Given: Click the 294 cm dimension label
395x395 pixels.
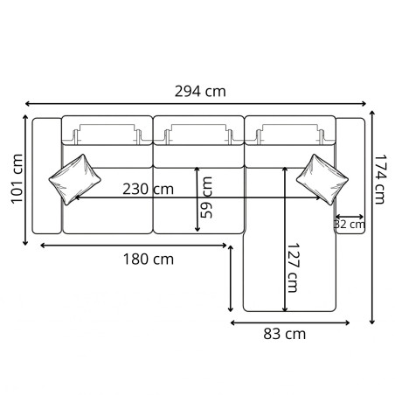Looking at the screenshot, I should pos(200,90).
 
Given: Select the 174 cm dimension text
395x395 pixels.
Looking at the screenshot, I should pos(379,181).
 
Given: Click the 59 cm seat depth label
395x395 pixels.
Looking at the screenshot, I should pos(207,197).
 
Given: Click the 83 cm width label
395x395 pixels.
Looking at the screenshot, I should pos(283,333).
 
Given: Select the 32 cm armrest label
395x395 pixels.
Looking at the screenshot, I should pos(350,225).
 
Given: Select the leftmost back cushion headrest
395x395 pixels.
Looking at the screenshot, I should pos(107,135).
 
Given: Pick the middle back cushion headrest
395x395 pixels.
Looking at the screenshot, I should pos(198,135).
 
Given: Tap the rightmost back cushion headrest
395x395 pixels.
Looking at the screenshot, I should pos(290,135).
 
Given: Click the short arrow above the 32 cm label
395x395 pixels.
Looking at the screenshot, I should pos(349,214).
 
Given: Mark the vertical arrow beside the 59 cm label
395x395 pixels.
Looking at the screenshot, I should pos(197,199).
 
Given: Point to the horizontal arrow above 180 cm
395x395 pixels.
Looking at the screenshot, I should pos(134,246).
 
